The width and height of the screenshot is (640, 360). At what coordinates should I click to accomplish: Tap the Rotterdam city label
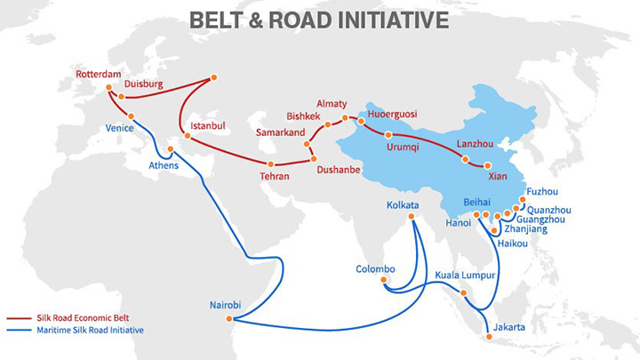(99, 75)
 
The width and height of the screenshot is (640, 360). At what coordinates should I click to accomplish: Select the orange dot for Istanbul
(188, 136)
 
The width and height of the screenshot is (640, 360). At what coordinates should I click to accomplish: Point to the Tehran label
(275, 176)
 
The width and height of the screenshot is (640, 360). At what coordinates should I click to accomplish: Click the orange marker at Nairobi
(229, 319)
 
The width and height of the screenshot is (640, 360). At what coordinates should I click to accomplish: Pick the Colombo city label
(375, 269)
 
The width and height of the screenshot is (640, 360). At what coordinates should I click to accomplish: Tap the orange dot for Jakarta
(489, 337)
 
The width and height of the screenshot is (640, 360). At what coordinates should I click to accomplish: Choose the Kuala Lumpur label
(465, 275)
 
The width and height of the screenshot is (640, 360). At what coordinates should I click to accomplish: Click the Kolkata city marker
(411, 216)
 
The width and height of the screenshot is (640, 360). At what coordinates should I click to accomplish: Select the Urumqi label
(403, 147)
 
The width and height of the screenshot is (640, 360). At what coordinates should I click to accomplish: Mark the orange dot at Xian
(487, 165)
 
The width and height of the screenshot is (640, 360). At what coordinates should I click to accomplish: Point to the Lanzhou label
(475, 144)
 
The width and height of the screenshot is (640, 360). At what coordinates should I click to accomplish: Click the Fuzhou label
(542, 191)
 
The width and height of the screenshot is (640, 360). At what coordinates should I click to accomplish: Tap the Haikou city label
(513, 244)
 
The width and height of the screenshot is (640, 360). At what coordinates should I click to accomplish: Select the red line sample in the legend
(19, 318)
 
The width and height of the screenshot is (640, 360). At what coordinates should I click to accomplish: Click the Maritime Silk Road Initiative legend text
(90, 330)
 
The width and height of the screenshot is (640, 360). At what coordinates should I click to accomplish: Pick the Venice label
(120, 128)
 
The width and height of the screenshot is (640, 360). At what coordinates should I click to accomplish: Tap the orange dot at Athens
(171, 149)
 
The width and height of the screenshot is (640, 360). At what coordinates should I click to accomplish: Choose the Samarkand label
(280, 132)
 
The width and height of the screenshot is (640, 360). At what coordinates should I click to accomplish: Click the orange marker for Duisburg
(121, 97)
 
